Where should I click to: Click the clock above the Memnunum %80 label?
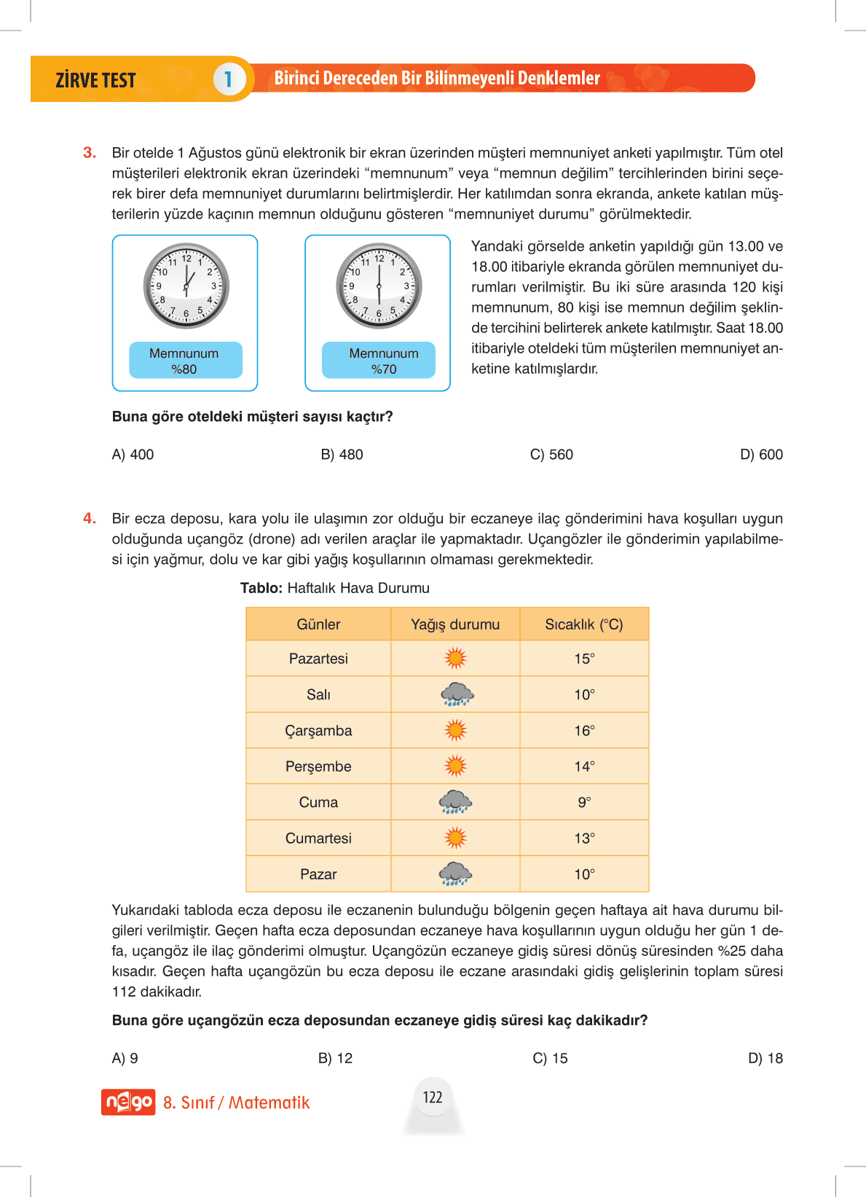click(186, 286)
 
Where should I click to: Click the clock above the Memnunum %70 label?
click(379, 286)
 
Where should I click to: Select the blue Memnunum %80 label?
click(184, 361)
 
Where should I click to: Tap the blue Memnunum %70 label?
click(379, 361)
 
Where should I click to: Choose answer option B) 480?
click(342, 455)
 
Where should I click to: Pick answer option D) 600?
click(761, 455)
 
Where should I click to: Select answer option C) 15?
click(550, 1058)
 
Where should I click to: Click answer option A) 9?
click(125, 1058)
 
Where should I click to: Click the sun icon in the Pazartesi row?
click(455, 659)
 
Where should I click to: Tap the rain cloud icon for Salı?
click(457, 694)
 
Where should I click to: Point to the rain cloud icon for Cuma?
click(455, 802)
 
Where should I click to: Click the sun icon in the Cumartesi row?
click(455, 838)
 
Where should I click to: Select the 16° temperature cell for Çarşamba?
click(584, 731)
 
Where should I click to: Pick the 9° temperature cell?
click(584, 802)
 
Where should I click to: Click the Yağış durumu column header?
click(455, 624)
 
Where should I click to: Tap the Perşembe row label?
click(318, 766)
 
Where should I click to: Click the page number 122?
click(433, 1097)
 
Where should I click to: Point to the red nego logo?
click(128, 1102)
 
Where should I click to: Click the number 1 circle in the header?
click(228, 79)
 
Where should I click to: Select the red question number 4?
click(90, 518)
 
